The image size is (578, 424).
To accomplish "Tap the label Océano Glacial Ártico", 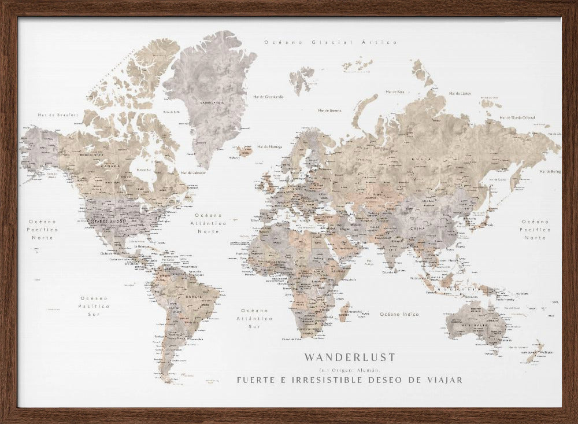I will [x=331, y=42].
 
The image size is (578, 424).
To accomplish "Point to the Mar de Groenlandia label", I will [x=269, y=97].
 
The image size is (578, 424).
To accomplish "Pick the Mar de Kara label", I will [x=395, y=91].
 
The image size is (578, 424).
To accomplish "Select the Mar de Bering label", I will [x=550, y=172].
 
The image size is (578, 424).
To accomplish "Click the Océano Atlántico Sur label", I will [x=255, y=318].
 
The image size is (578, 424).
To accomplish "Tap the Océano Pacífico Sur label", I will [x=94, y=305].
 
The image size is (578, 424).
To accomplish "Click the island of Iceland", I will [x=244, y=152].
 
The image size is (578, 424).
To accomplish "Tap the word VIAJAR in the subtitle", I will [x=442, y=380].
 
